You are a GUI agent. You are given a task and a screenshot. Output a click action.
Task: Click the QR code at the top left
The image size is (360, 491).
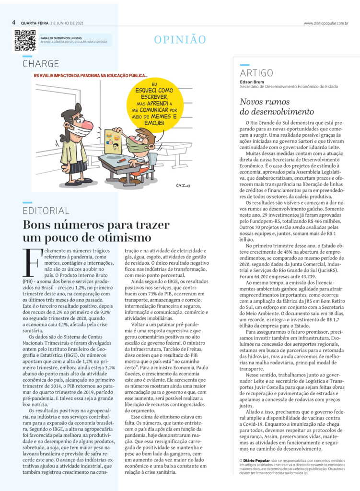[x=25, y=40]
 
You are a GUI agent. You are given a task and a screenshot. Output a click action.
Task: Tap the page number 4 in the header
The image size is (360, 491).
[x=14, y=23]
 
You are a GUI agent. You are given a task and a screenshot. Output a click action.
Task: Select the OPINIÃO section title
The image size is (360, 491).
[x=180, y=40]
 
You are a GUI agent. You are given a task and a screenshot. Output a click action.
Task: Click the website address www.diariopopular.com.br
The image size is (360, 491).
[x=325, y=23]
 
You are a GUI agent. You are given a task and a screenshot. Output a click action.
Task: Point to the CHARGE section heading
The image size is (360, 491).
[x=41, y=64]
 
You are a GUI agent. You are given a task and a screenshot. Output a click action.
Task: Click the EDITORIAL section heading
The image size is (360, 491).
[x=46, y=210]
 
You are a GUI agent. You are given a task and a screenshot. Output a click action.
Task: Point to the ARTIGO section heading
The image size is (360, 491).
[x=256, y=73]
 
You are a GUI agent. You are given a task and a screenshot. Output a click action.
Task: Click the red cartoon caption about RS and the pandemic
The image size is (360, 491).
[x=91, y=75]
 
